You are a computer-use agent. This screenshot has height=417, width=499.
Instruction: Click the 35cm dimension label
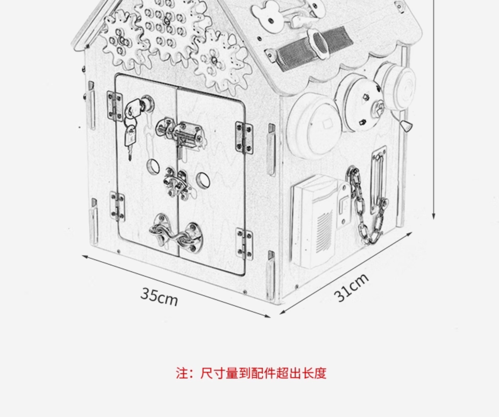tap(159, 297)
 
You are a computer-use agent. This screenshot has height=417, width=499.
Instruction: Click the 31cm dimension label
tap(351, 288)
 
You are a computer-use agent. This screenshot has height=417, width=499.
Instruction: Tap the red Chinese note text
tap(251, 373)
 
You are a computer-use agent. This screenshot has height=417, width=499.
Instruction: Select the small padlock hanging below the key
tap(130, 136)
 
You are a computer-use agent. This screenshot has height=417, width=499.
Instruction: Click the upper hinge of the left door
tap(115, 106)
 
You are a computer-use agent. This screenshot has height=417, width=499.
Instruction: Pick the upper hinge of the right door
tap(244, 138)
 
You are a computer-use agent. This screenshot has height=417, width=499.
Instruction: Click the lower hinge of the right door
tap(244, 244)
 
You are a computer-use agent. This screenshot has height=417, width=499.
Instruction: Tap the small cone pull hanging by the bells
tap(406, 127)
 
